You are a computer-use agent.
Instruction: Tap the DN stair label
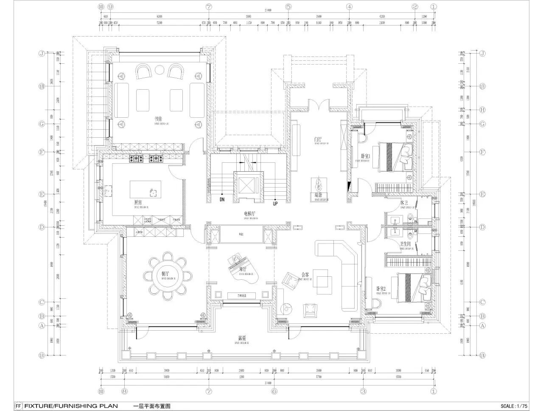[222, 199]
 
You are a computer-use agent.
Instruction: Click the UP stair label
[275, 204]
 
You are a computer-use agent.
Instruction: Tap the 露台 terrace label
[242, 338]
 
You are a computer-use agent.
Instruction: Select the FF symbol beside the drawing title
[18, 406]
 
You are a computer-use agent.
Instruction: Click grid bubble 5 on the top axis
[288, 7]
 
